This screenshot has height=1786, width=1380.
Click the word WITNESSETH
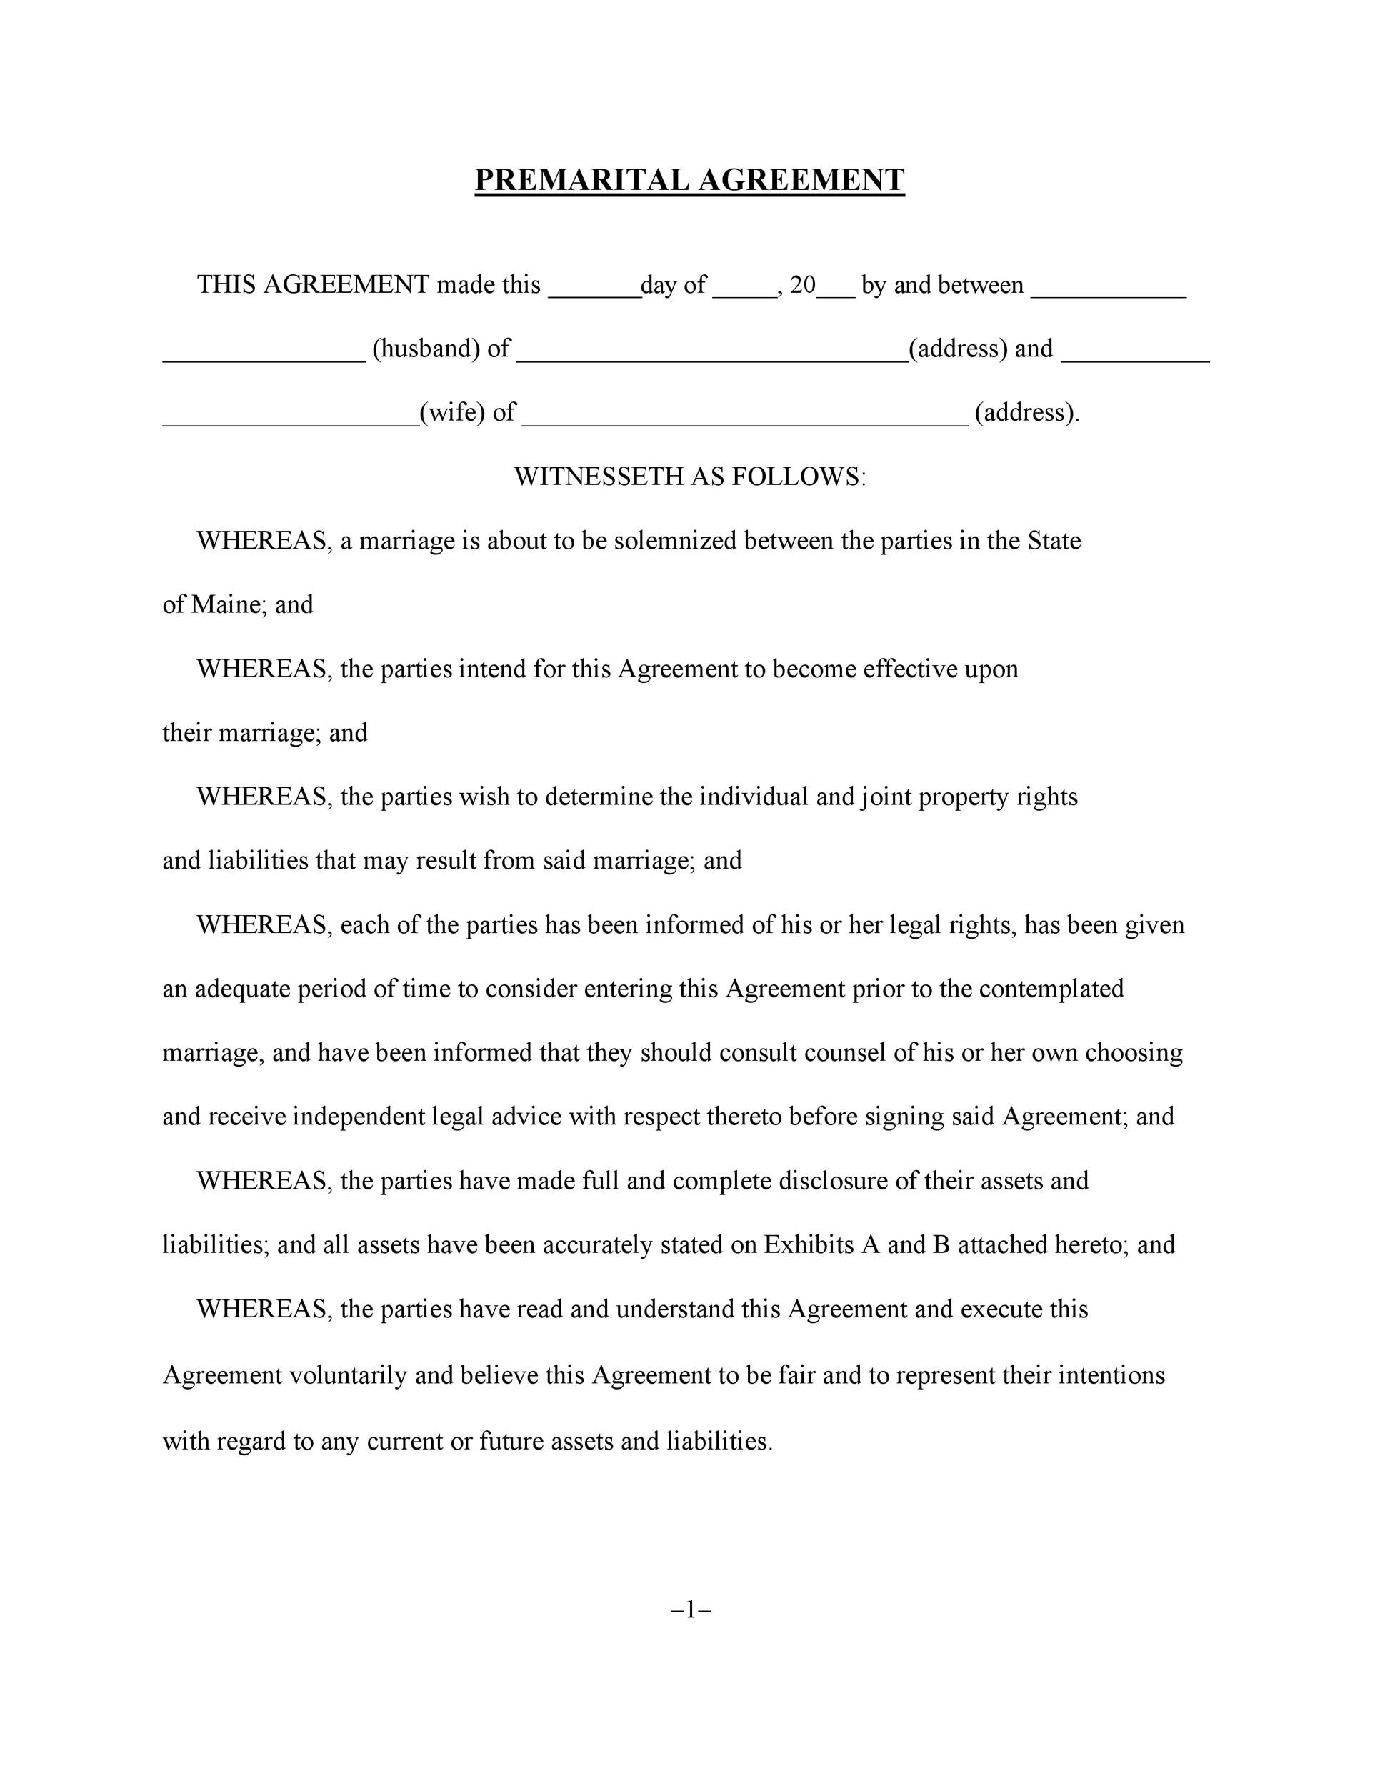click(x=599, y=477)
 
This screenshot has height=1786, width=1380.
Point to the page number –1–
click(x=691, y=1610)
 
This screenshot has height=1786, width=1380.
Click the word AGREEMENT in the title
click(x=801, y=180)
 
